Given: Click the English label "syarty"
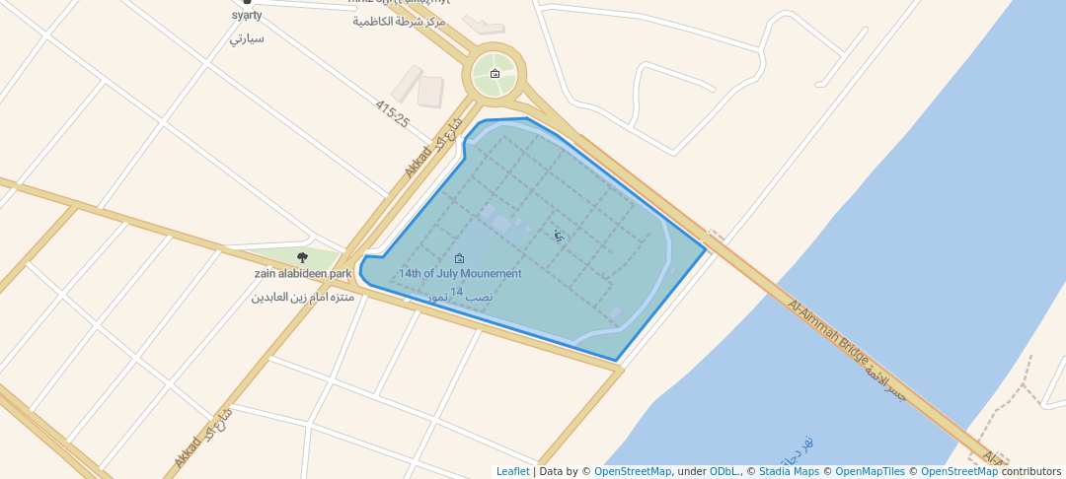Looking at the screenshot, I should pyautogui.click(x=246, y=16).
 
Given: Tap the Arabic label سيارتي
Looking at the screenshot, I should pyautogui.click(x=246, y=38).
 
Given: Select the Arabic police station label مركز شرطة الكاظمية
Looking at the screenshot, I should pyautogui.click(x=399, y=21).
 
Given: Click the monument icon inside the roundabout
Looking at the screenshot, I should pyautogui.click(x=495, y=74).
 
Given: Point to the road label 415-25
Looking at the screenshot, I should pyautogui.click(x=392, y=114).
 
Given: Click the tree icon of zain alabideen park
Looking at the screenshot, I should pyautogui.click(x=303, y=257).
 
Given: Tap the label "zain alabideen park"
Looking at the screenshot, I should pyautogui.click(x=303, y=274).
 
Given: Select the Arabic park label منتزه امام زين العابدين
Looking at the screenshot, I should pyautogui.click(x=303, y=297).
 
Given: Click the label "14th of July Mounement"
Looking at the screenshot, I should pyautogui.click(x=460, y=273).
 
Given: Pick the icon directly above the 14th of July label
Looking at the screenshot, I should pyautogui.click(x=459, y=258).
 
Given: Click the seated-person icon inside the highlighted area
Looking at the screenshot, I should pyautogui.click(x=559, y=236).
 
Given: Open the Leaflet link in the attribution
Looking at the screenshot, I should pyautogui.click(x=512, y=472).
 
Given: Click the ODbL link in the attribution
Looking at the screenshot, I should pyautogui.click(x=723, y=472).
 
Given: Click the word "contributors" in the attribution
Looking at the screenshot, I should pyautogui.click(x=1031, y=472).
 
